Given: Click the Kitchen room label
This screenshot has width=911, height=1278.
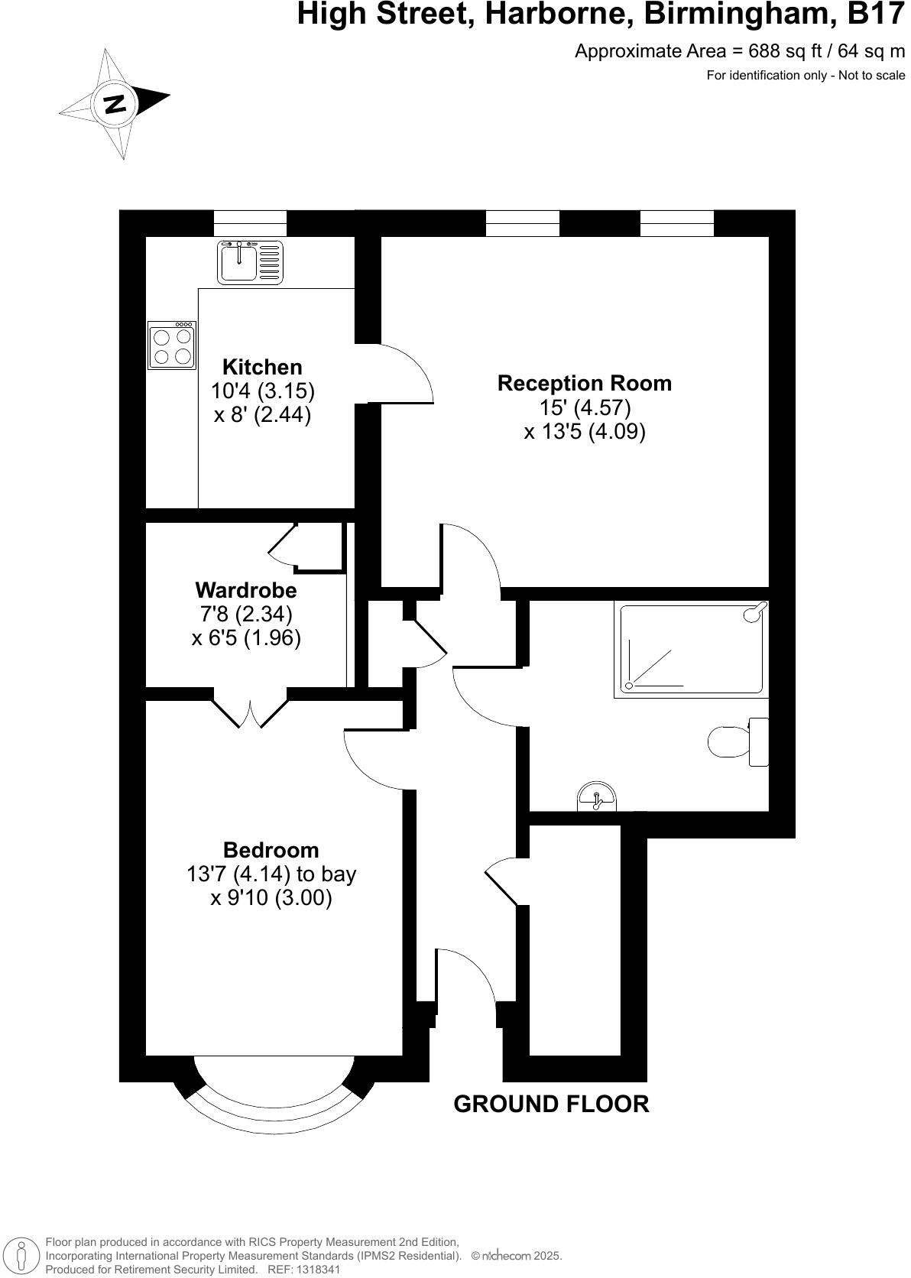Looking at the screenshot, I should tap(262, 367).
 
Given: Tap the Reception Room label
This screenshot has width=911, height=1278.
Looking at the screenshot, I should tap(585, 383).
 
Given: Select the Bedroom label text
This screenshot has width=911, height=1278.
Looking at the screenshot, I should tap(271, 850).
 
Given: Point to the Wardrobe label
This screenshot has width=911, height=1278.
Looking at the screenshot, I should tap(246, 590).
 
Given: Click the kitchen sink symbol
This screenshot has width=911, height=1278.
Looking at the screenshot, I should tap(251, 262).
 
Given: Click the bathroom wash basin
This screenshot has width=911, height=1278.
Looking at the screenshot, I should tap(598, 797).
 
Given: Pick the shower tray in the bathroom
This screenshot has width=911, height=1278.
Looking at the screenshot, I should tap(692, 650).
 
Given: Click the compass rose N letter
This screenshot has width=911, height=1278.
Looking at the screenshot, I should tap(115, 103).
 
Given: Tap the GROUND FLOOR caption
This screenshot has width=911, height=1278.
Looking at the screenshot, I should tap(551, 1104).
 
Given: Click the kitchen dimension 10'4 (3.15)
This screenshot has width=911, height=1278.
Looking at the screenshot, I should tap(263, 391).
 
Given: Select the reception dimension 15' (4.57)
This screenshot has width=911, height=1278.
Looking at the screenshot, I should tap(585, 407).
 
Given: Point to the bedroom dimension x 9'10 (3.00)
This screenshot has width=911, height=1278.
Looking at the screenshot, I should tap(271, 898).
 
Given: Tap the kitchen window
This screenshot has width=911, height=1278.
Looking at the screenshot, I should tap(250, 223).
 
